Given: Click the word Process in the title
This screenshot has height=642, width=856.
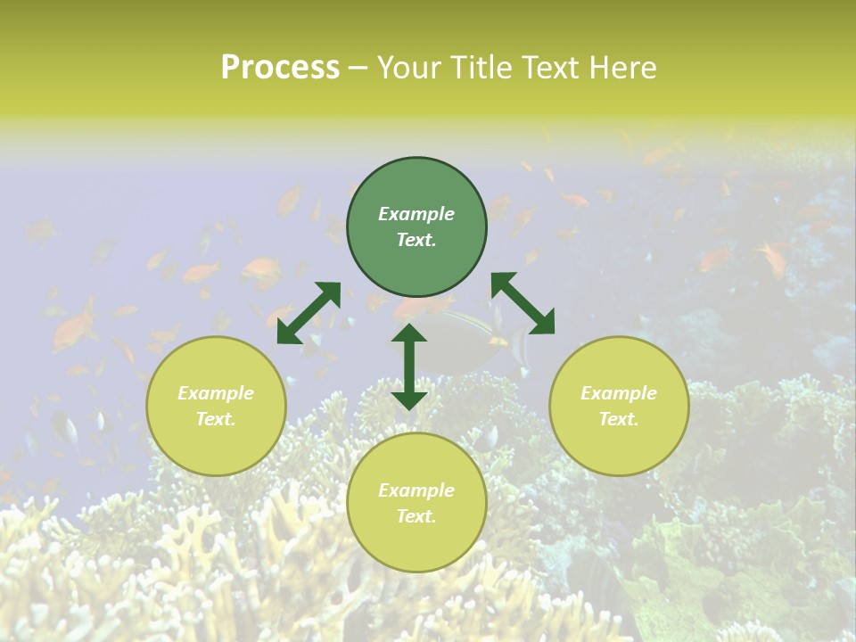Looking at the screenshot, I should click(280, 68).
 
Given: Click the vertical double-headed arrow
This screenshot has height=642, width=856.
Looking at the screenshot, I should click(409, 366).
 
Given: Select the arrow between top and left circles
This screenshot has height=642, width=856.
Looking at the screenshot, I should click(309, 313).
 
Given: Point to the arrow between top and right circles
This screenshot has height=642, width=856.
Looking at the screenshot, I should click(523, 303).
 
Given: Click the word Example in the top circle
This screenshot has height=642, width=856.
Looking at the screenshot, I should click(416, 214).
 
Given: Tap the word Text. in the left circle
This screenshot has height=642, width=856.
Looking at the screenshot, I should click(216, 419).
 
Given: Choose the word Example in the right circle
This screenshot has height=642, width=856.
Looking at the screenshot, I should click(619, 393).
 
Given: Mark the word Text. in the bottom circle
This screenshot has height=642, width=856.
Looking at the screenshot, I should click(416, 516).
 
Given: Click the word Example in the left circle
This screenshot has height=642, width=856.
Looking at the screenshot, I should click(216, 393).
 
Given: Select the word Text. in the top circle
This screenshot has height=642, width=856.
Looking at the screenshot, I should click(416, 240).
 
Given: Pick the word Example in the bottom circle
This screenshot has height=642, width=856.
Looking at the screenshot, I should click(416, 490).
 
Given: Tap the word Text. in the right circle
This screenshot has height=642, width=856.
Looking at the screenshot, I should click(619, 419).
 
